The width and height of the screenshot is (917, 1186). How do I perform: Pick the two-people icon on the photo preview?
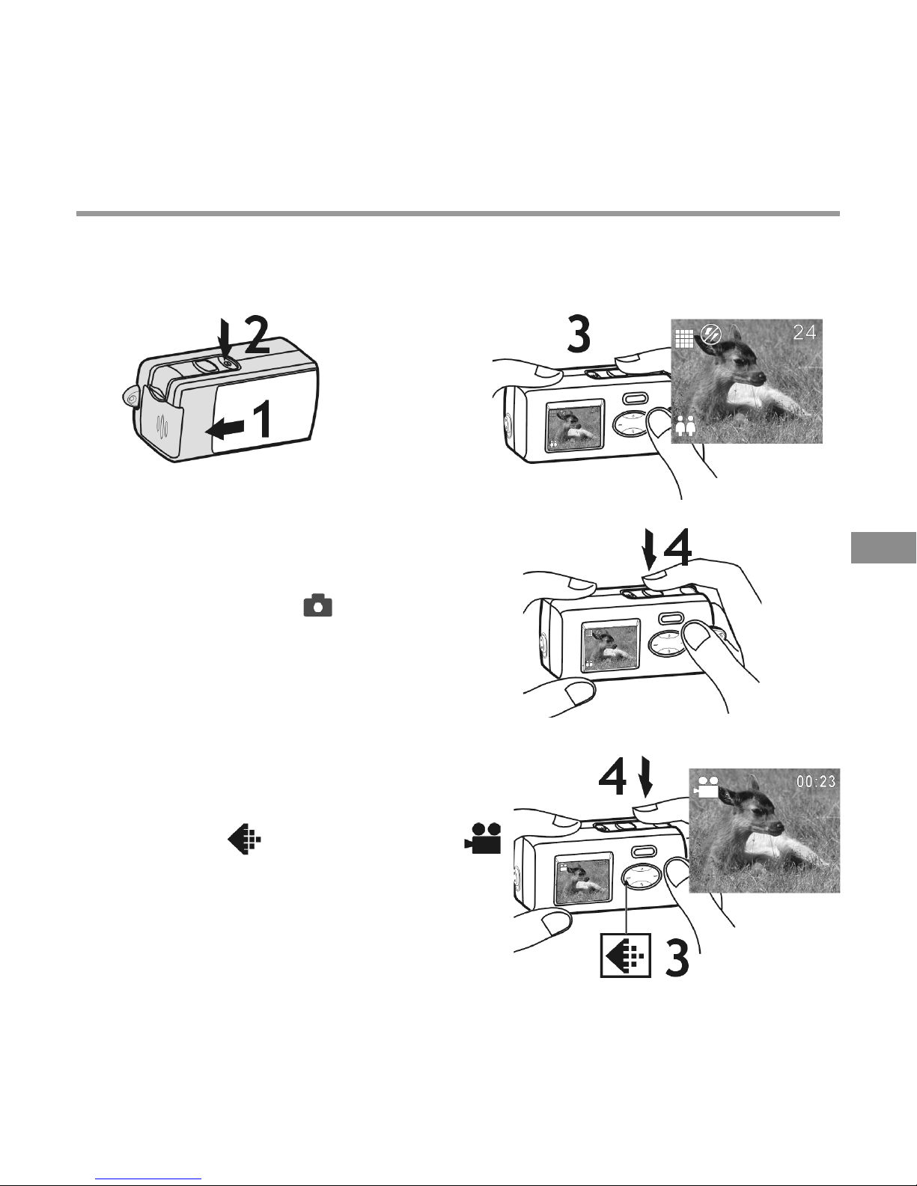(x=685, y=426)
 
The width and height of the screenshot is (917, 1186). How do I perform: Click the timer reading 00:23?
(x=815, y=781)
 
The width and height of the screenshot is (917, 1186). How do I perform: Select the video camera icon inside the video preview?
(x=707, y=788)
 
